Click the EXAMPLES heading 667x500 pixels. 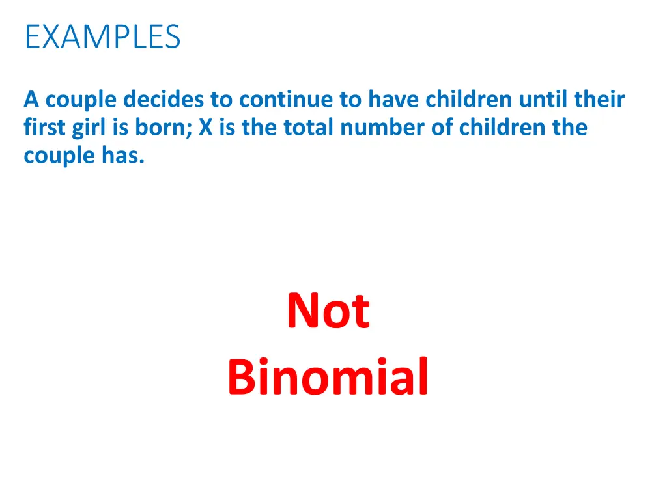coord(102,37)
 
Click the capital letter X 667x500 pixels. coord(206,128)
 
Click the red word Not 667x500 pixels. coord(328,311)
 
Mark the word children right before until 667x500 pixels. coord(470,100)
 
